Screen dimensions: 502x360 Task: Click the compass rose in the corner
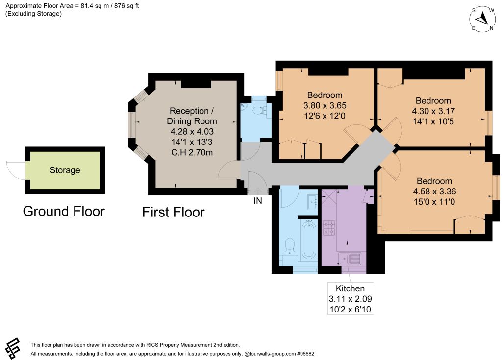(x=483, y=19)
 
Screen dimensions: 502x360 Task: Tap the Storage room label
(x=65, y=170)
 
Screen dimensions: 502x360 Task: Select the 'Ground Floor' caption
(x=64, y=212)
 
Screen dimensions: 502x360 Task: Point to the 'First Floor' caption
(x=173, y=212)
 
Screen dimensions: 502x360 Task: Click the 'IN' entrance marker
(x=258, y=201)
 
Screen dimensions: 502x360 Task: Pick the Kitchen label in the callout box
(x=350, y=288)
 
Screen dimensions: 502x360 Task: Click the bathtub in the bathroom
(x=309, y=239)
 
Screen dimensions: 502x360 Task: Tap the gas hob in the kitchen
(x=329, y=228)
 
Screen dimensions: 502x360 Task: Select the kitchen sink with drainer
(x=350, y=259)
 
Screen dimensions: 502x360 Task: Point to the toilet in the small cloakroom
(x=260, y=111)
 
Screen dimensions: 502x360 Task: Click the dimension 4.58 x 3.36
(x=434, y=192)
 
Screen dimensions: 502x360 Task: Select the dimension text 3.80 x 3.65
(x=325, y=105)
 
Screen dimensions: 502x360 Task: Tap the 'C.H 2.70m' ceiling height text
(x=192, y=152)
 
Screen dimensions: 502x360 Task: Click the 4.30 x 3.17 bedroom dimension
(x=433, y=111)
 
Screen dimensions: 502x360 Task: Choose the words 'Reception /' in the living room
(x=192, y=111)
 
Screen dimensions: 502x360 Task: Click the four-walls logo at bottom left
(x=12, y=348)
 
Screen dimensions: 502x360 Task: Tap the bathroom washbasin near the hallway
(x=312, y=202)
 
